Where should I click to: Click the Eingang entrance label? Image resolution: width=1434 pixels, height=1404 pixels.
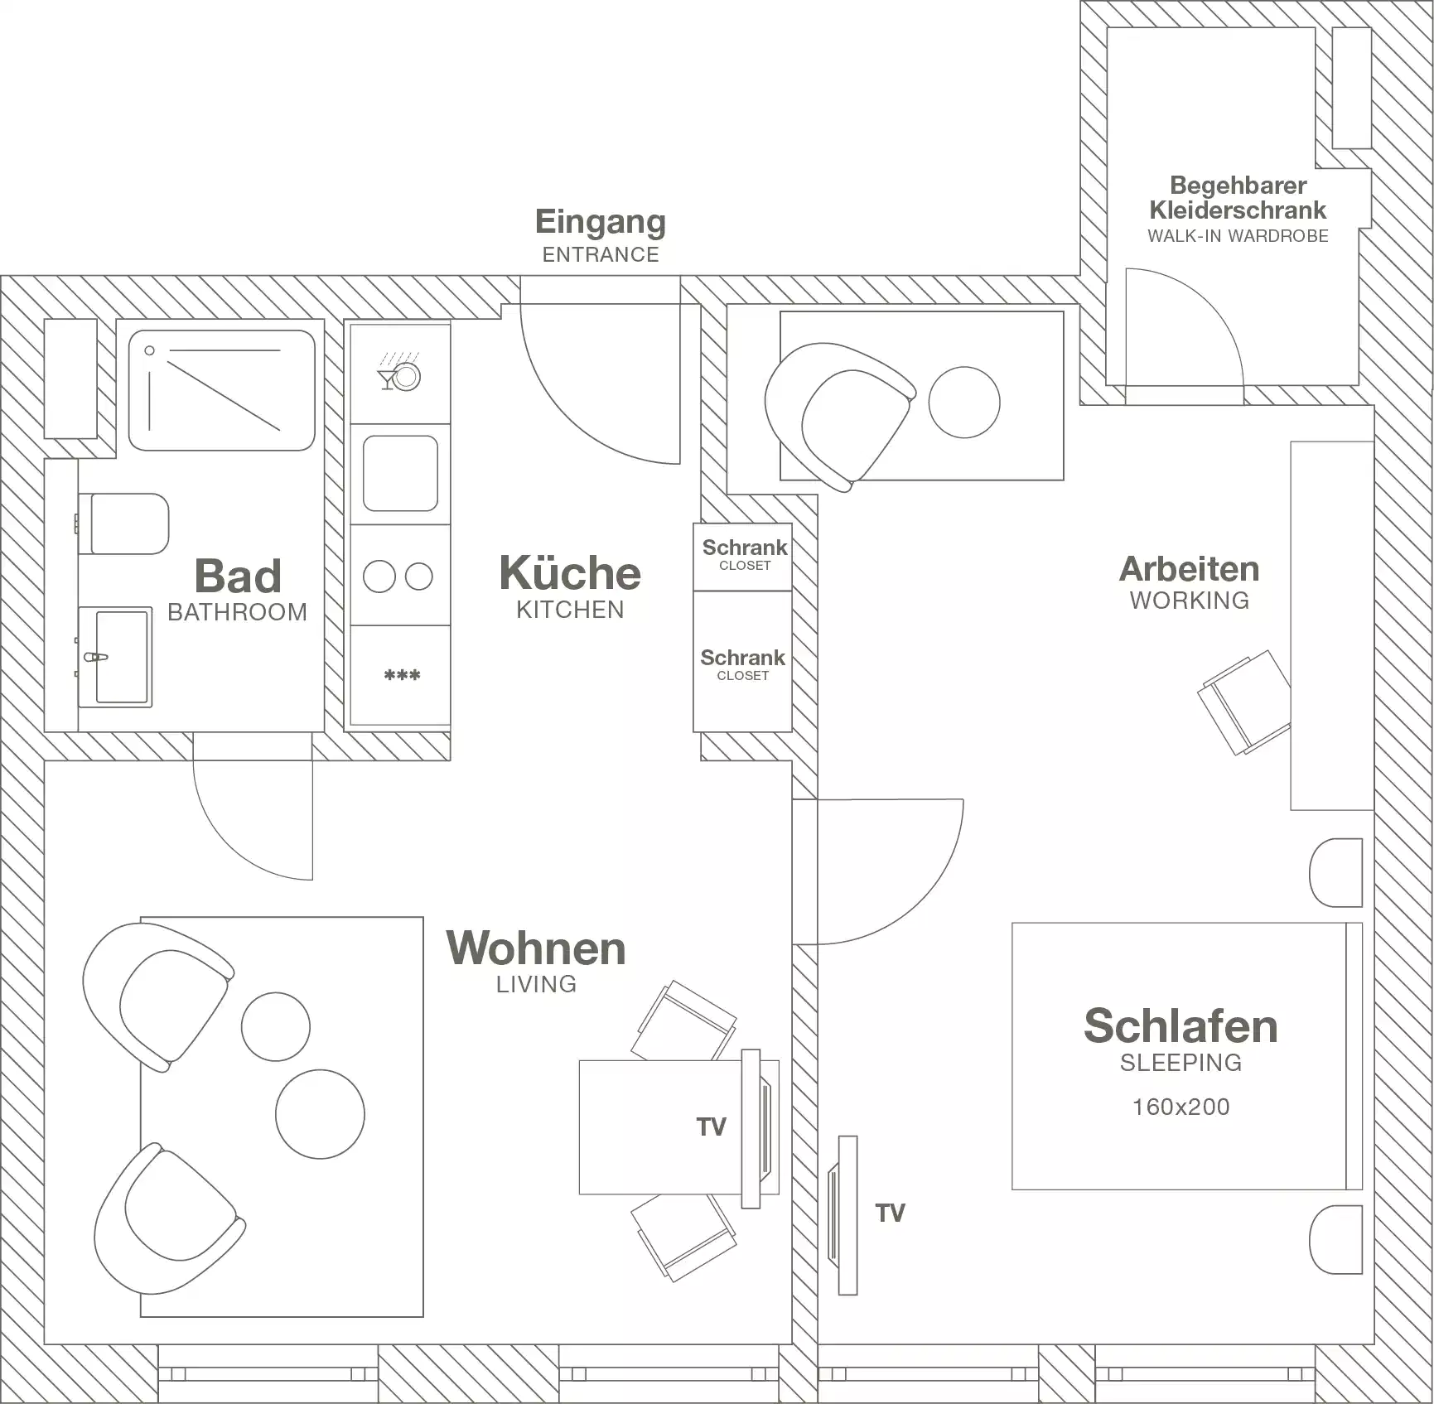pyautogui.click(x=600, y=222)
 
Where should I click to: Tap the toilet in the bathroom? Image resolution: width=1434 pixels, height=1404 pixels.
pyautogui.click(x=128, y=524)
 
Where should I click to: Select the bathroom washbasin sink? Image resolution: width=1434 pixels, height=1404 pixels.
pyautogui.click(x=120, y=657)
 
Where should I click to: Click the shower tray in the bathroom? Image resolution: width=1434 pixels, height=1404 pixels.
pyautogui.click(x=221, y=390)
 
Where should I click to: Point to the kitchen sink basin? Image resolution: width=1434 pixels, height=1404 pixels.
pyautogui.click(x=400, y=473)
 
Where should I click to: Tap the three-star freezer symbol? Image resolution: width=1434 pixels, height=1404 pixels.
pyautogui.click(x=402, y=676)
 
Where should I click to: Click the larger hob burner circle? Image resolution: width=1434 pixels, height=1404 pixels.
pyautogui.click(x=379, y=577)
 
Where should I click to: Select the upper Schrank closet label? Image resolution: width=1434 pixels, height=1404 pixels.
pyautogui.click(x=744, y=548)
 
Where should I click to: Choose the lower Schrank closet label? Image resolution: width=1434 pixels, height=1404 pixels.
pyautogui.click(x=742, y=658)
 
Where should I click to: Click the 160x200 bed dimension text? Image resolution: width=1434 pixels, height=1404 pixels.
pyautogui.click(x=1181, y=1107)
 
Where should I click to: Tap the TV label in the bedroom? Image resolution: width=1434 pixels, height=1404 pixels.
pyautogui.click(x=890, y=1213)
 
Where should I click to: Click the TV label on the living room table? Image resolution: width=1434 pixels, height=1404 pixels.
pyautogui.click(x=711, y=1127)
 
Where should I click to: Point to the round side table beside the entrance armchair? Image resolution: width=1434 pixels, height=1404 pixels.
pyautogui.click(x=963, y=403)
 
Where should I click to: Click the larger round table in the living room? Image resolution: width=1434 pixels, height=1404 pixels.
pyautogui.click(x=320, y=1114)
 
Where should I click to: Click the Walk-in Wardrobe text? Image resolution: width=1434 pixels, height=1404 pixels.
pyautogui.click(x=1238, y=236)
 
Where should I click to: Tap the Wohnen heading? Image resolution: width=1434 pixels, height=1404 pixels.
pyautogui.click(x=536, y=948)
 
